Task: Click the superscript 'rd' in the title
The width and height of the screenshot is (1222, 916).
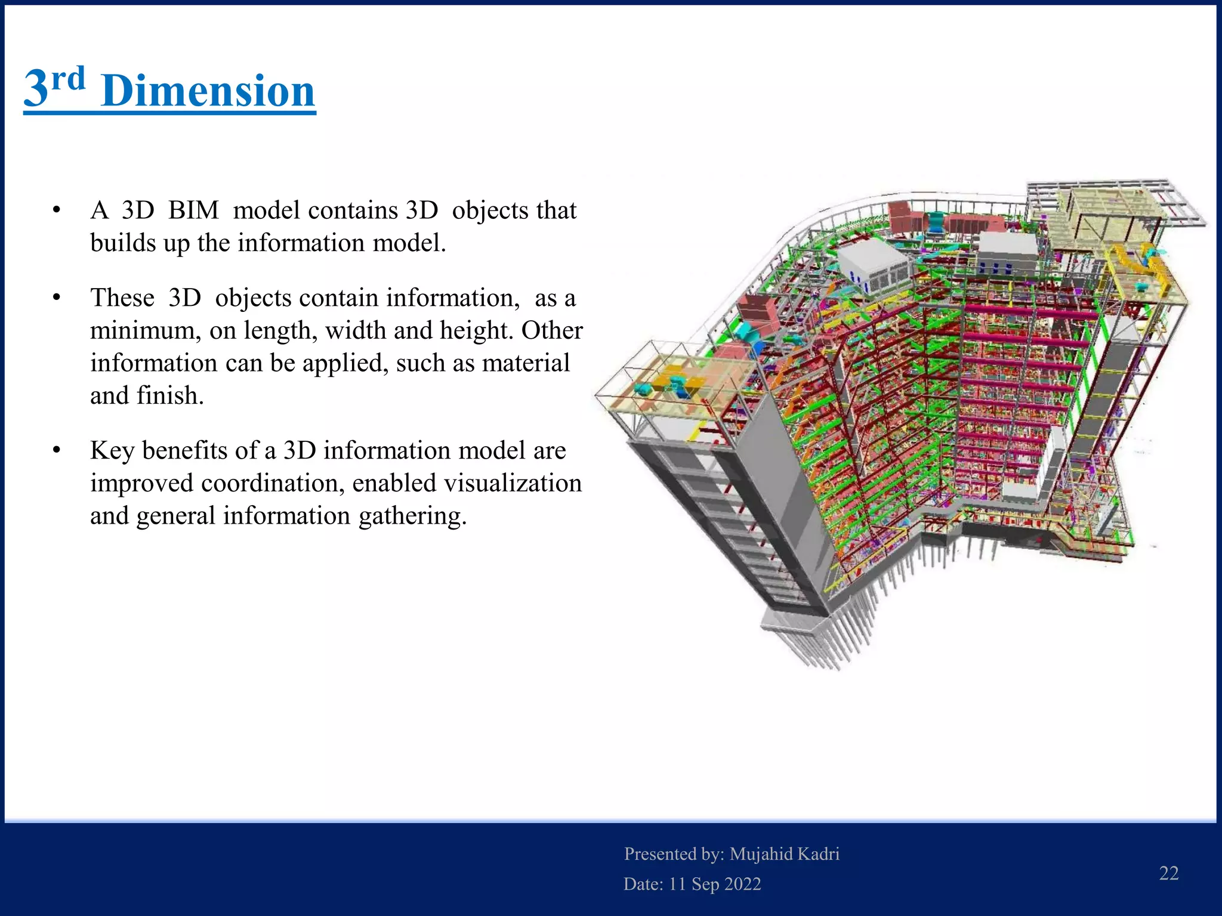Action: coord(68,80)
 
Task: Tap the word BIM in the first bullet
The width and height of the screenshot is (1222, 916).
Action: coord(193,211)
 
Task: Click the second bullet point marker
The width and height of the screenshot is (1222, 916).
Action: coord(57,298)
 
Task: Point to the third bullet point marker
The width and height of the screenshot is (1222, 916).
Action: coord(57,450)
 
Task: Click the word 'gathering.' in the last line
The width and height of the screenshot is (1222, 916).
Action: coord(412,516)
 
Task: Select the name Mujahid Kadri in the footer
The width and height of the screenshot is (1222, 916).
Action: coord(784,854)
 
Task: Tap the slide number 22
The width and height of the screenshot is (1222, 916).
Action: coord(1168,873)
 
